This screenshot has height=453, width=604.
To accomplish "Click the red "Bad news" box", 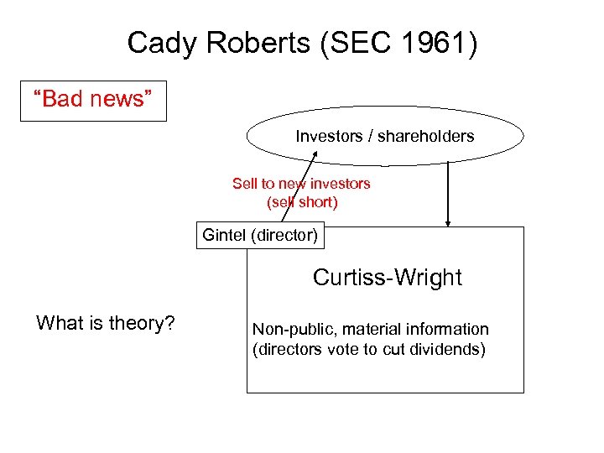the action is point(93,100).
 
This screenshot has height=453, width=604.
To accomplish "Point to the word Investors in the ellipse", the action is point(328,136).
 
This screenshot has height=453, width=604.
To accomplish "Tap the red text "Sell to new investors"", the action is point(301,184).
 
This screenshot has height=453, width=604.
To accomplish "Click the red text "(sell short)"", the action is point(301,201).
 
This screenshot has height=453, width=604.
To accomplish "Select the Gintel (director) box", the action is point(260,235).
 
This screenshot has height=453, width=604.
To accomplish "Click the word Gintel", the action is point(224,235).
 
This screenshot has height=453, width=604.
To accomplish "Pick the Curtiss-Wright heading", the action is point(387,278).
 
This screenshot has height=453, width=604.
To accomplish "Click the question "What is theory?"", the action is point(106,323).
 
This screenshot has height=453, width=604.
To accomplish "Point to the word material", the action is point(369,330).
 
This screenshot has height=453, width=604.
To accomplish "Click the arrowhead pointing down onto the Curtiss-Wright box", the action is point(448,223).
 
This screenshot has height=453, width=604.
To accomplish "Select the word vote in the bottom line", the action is point(344,350).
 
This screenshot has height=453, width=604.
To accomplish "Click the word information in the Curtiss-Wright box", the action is point(447,330).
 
